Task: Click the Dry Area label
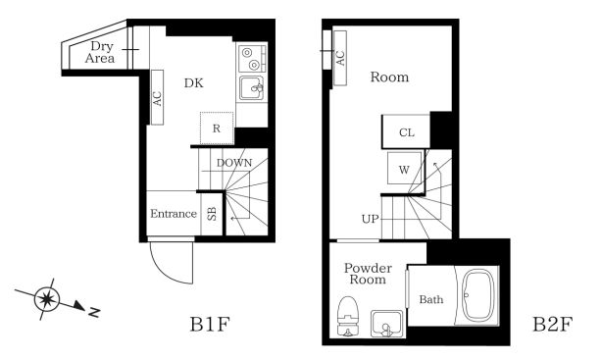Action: point(100,52)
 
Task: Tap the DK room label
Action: point(194,82)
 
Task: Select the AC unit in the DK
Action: point(158,97)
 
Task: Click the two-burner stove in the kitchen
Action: point(252,58)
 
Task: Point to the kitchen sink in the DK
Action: point(251,88)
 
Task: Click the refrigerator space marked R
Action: point(217,129)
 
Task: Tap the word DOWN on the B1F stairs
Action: point(234,163)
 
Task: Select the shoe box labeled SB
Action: point(212,214)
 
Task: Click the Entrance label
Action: point(174,214)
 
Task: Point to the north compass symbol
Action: point(47,299)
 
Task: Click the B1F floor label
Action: point(210,325)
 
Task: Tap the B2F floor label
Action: point(552,325)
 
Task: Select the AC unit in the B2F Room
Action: point(340,58)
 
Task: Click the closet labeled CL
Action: point(406,131)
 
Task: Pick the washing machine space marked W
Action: point(404,169)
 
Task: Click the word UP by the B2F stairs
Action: point(370,219)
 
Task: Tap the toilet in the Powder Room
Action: point(348,316)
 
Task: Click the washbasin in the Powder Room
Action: point(387,324)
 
